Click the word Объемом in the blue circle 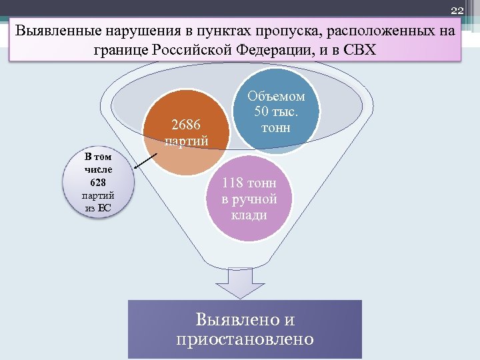[279, 96]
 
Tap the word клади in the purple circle [249, 215]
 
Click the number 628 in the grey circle [98, 183]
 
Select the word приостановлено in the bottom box [245, 339]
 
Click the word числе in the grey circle [98, 170]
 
